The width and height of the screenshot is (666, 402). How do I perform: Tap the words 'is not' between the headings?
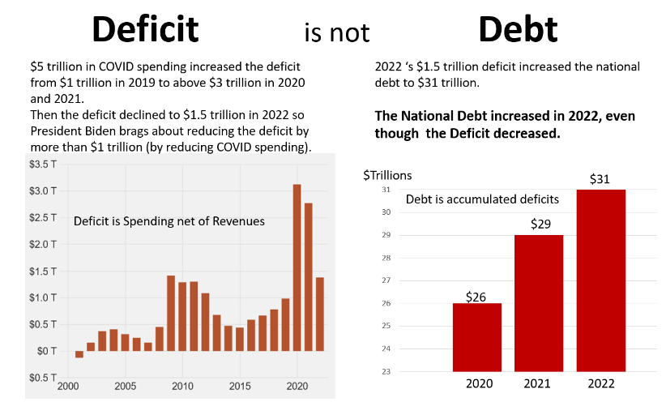(x=336, y=32)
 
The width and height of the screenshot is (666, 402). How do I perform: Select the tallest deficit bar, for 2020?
(x=297, y=267)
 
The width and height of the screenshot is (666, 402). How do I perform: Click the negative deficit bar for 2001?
(x=79, y=354)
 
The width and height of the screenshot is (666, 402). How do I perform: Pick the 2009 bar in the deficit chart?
(x=171, y=313)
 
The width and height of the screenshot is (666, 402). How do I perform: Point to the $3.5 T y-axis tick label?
(x=43, y=165)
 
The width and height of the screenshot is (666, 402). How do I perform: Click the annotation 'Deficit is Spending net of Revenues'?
(x=169, y=221)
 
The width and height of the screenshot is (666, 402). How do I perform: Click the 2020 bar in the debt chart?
(x=476, y=336)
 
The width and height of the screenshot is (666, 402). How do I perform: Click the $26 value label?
(x=476, y=296)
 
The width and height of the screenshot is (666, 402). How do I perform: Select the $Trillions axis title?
(x=387, y=174)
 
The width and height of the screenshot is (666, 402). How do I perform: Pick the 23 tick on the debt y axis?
(x=386, y=371)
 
